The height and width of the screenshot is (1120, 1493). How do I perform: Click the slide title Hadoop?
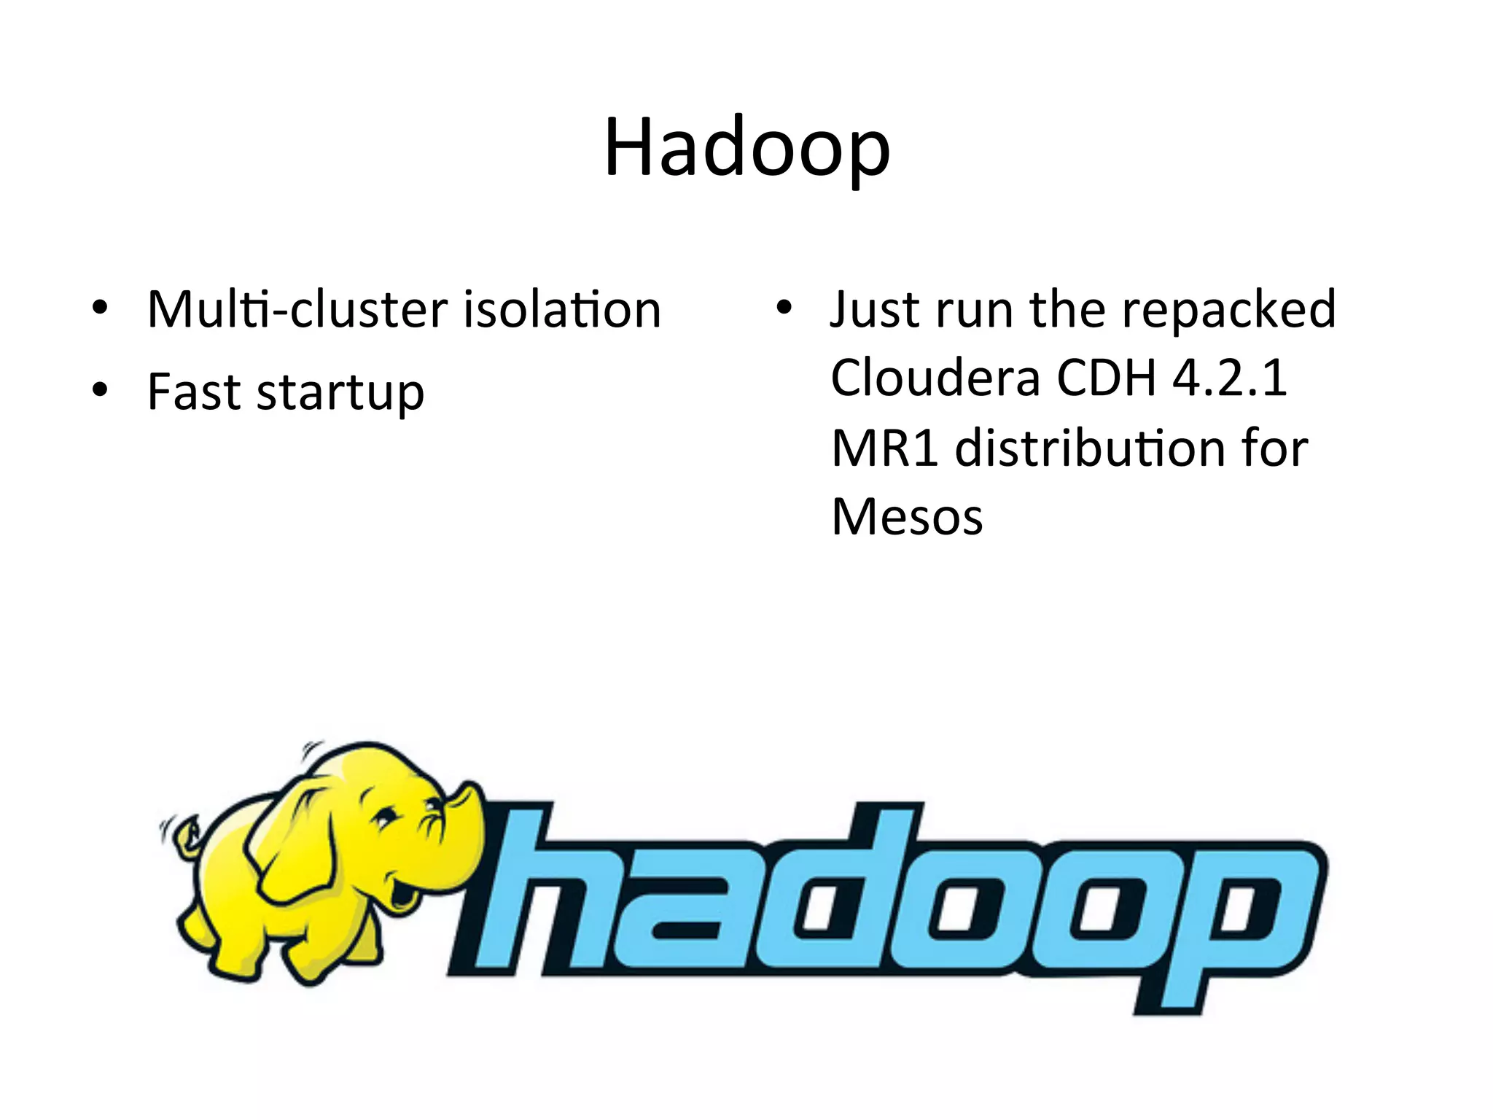[x=746, y=148]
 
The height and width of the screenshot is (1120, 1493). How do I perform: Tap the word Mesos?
[x=907, y=516]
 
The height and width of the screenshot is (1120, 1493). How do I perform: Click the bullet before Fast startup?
[x=100, y=390]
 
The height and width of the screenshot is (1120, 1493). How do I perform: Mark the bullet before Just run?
[x=783, y=308]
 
